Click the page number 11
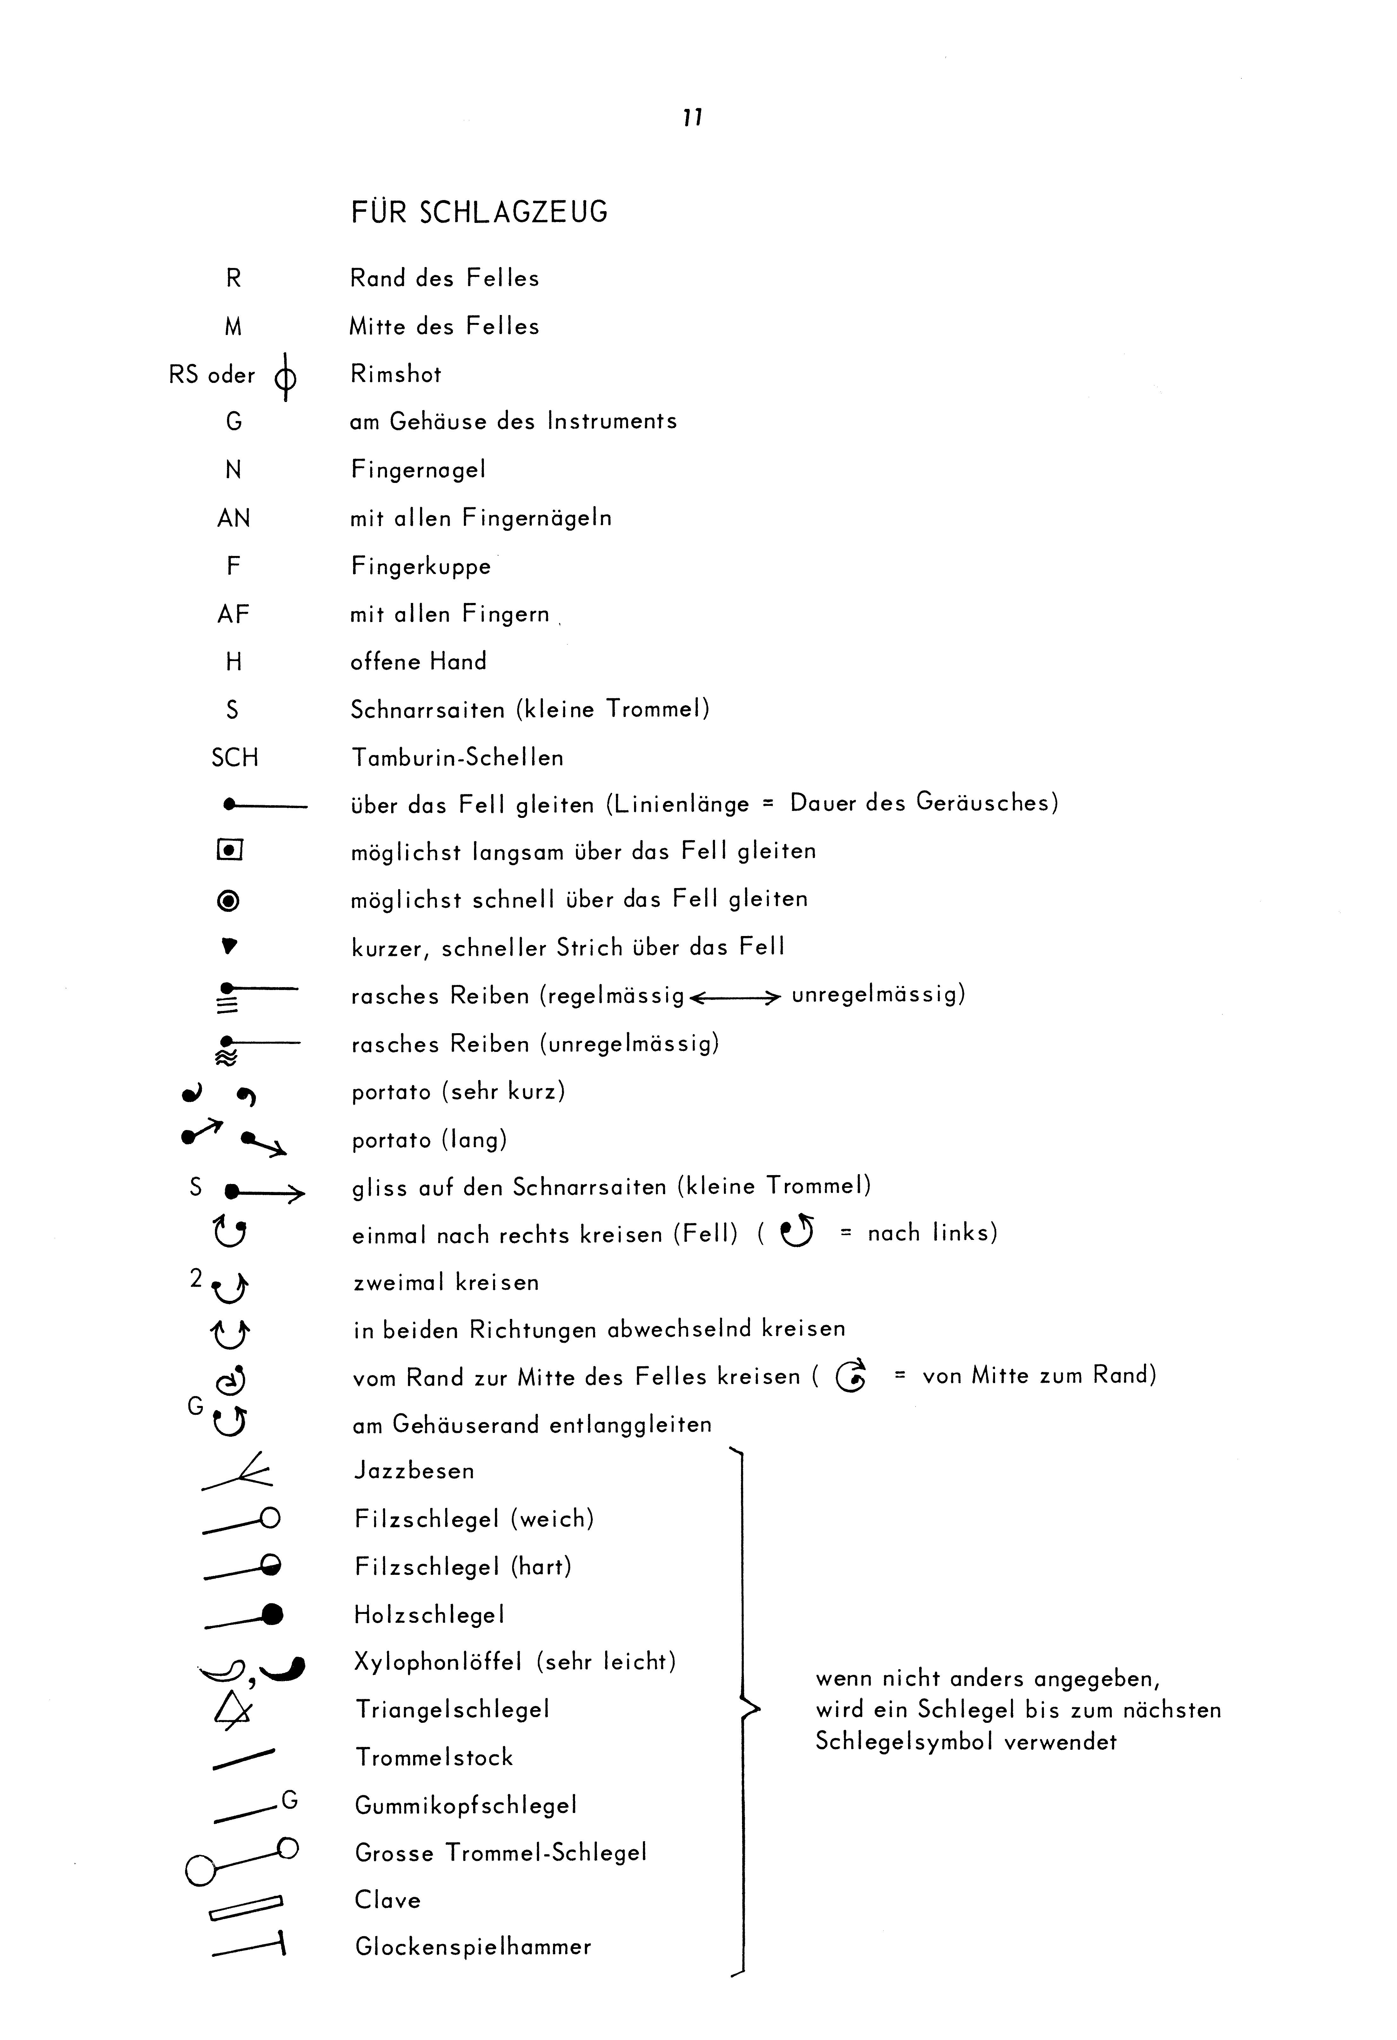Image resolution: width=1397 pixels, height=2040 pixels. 692,117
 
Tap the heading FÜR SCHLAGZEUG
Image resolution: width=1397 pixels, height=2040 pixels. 479,212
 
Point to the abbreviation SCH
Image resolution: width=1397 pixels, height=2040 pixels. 234,758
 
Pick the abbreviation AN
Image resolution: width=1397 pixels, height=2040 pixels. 233,519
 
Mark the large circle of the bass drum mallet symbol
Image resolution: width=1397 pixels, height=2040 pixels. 201,1870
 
